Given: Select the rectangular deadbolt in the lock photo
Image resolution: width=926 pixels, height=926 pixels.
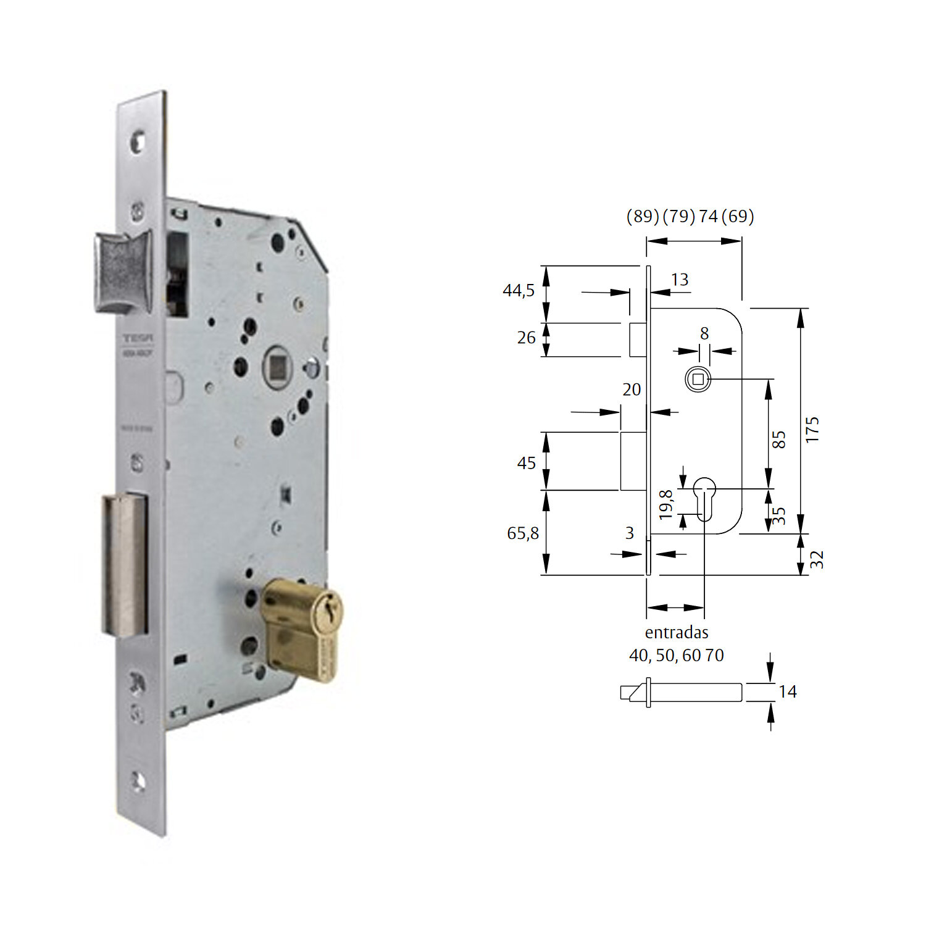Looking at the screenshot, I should click(125, 565).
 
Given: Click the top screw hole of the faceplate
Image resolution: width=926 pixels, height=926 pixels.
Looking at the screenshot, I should click(138, 143).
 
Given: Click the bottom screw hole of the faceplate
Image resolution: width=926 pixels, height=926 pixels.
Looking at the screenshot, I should click(138, 782).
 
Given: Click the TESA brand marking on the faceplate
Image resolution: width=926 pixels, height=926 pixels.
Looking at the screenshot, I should click(138, 338).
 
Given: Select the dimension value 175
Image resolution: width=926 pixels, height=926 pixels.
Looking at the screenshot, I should click(812, 429).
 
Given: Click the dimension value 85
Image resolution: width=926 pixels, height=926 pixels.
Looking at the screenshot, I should click(779, 440).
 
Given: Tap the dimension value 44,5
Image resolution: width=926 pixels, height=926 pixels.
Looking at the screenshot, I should click(519, 290).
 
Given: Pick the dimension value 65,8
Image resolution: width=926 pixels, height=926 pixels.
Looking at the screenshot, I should click(522, 533).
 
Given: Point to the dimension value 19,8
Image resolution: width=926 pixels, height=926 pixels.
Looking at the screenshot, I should click(665, 504).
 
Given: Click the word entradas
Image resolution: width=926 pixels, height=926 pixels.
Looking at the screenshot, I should click(677, 632).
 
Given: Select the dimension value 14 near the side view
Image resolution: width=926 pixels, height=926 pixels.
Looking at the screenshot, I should click(787, 691).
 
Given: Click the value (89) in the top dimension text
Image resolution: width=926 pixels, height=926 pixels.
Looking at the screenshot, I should click(643, 216).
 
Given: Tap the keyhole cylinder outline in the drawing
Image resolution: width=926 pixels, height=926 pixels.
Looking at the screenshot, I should click(704, 498).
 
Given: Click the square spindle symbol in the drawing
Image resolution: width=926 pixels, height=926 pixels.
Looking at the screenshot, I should click(698, 379).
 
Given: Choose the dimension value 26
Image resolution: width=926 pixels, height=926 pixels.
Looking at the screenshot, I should click(526, 338).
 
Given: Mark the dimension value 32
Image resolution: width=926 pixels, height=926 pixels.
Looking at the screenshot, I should click(816, 559).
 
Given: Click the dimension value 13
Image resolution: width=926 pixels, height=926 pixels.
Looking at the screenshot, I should click(680, 280).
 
